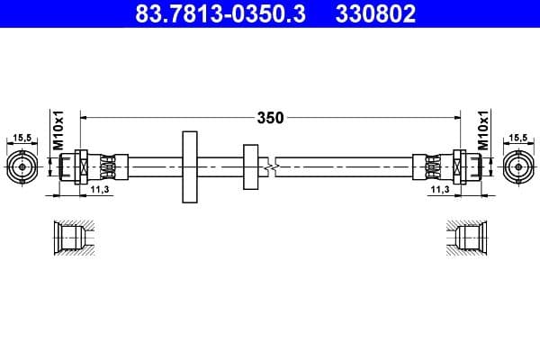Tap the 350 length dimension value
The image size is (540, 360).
pyautogui.click(x=270, y=117)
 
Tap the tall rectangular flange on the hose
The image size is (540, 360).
pyautogui.click(x=190, y=167)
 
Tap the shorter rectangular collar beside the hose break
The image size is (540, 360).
pyautogui.click(x=249, y=167)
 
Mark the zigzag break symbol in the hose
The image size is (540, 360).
pyautogui.click(x=271, y=167)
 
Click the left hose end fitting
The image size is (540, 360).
pyautogui.click(x=89, y=167)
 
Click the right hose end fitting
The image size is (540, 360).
pyautogui.click(x=450, y=167)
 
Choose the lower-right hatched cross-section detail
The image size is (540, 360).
pyautogui.click(x=469, y=239)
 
